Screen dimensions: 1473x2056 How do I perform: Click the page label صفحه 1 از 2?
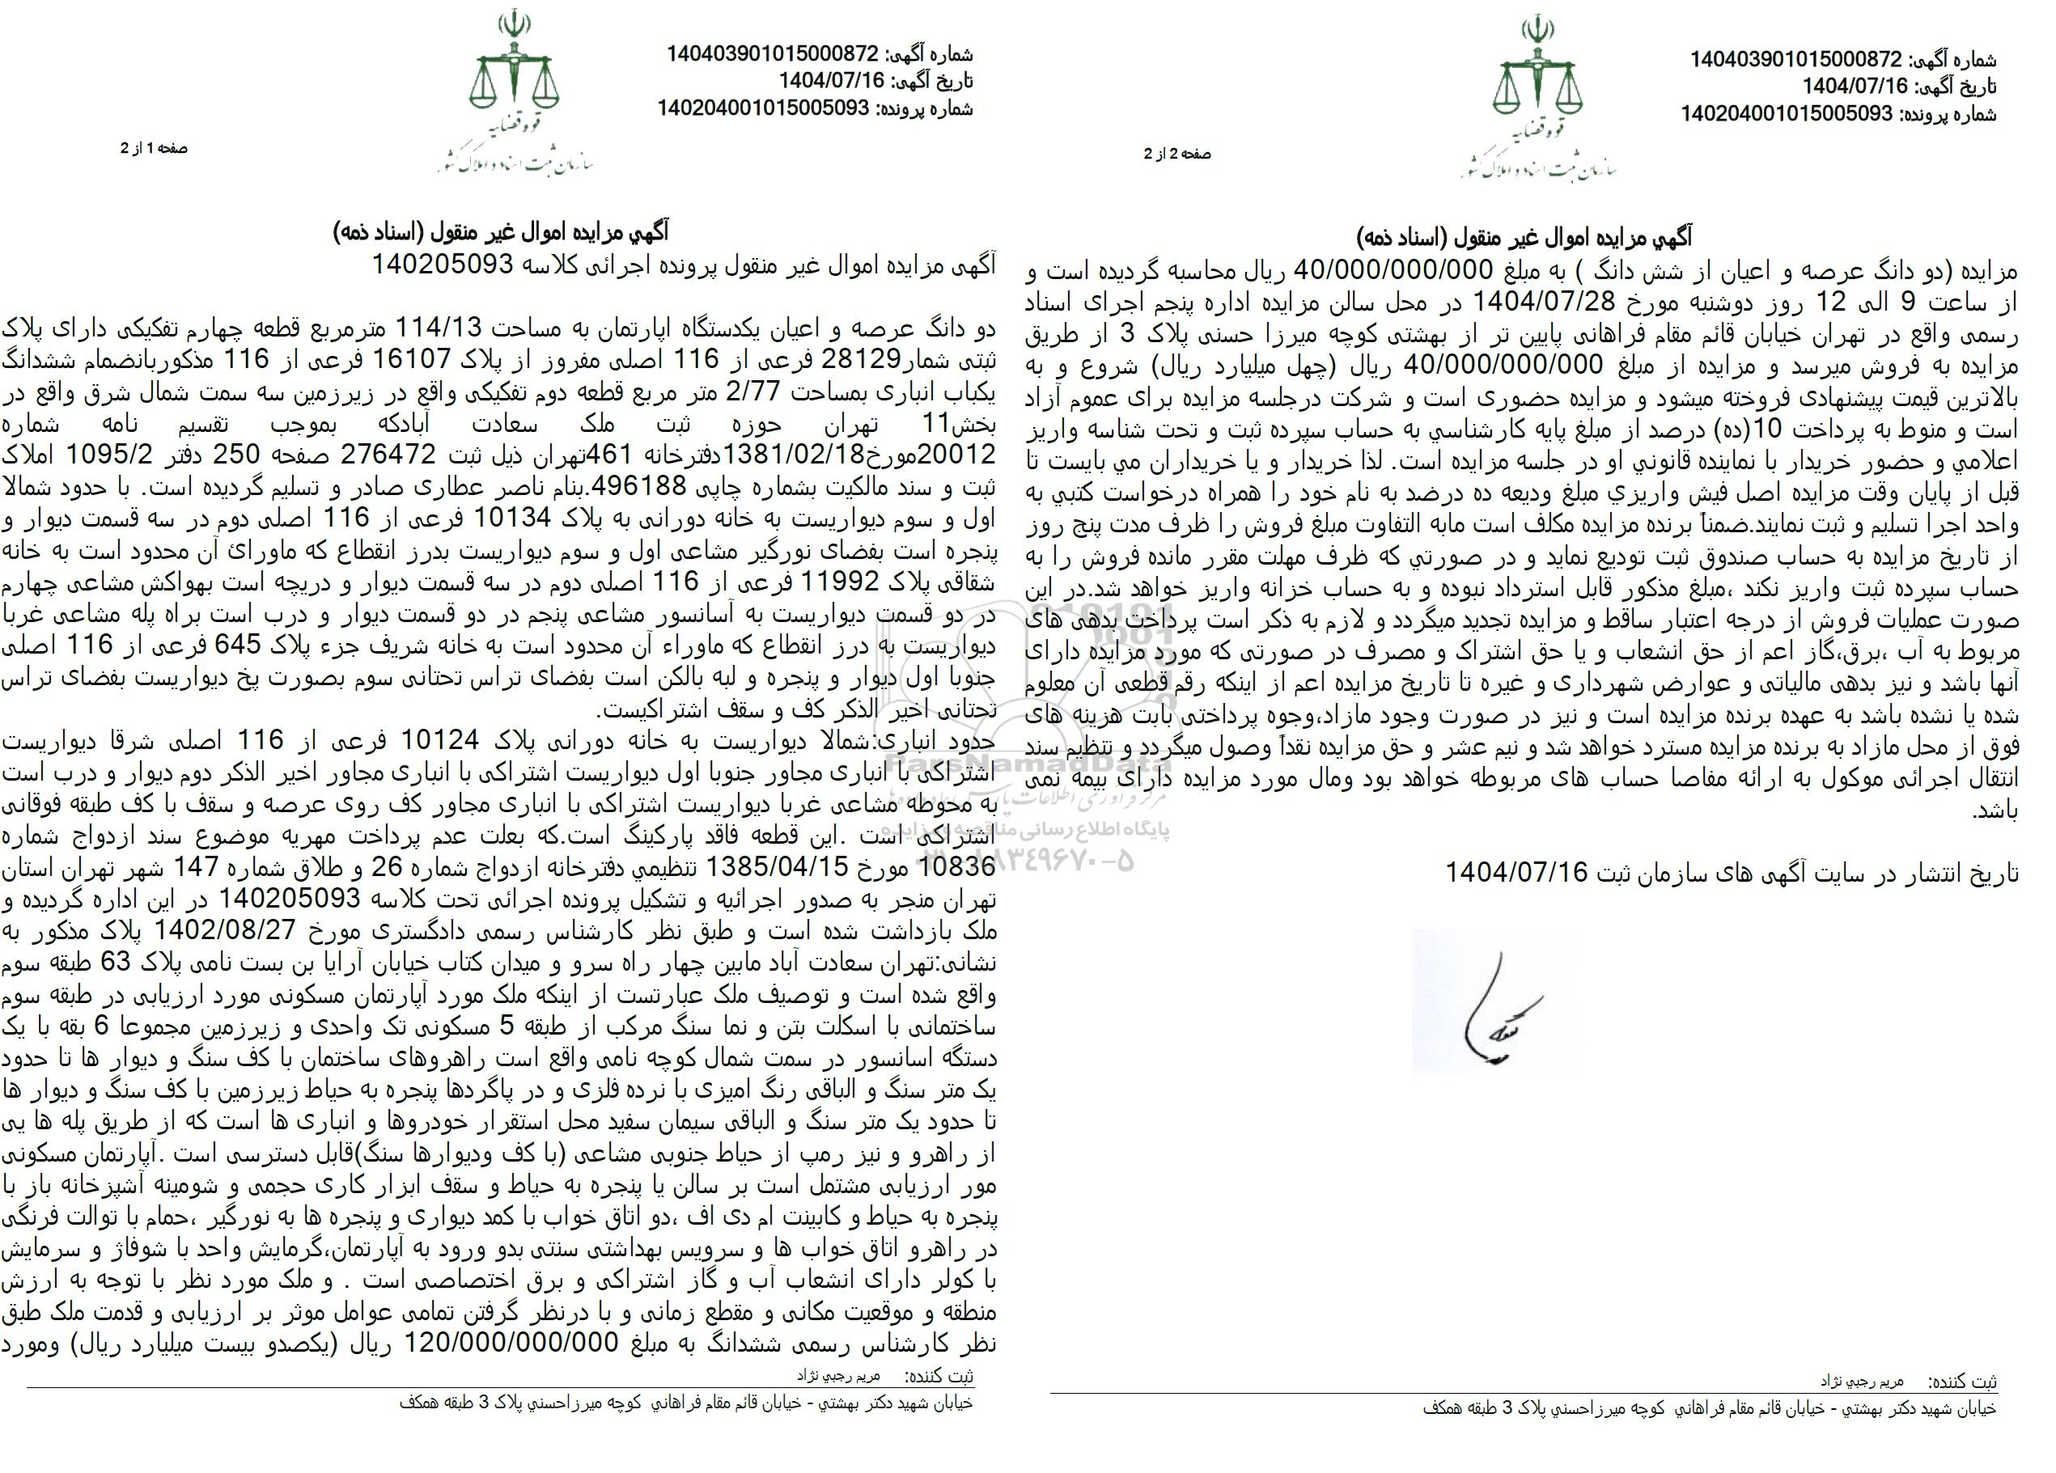(153, 147)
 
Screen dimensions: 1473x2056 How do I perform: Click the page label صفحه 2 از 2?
(1176, 154)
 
